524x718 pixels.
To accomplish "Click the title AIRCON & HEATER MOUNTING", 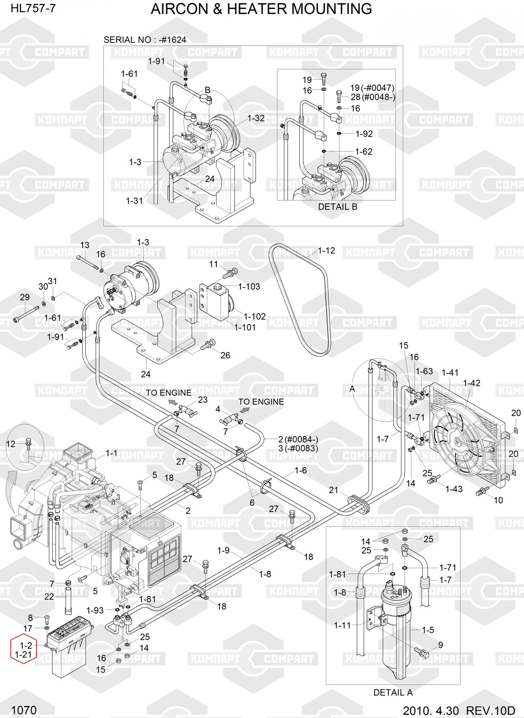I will click(x=261, y=9).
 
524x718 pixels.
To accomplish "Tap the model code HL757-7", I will click(x=33, y=8).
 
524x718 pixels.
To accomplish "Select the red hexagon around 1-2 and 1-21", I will click(x=24, y=650).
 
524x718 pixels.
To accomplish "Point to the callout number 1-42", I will click(x=472, y=383).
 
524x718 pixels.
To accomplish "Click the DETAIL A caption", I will click(x=393, y=693).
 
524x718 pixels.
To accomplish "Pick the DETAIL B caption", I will click(x=338, y=207).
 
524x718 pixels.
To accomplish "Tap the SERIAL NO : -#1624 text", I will click(x=145, y=40).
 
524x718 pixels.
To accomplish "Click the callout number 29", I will click(x=25, y=297).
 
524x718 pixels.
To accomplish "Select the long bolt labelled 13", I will click(x=88, y=262).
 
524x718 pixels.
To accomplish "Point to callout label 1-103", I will click(x=249, y=286).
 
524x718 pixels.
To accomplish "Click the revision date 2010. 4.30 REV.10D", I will click(x=459, y=710).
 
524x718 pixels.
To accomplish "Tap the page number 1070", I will click(x=24, y=710).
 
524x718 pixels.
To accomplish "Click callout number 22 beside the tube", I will click(x=49, y=597).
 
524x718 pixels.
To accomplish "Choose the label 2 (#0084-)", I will click(x=298, y=439).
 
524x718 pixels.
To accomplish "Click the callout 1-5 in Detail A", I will click(x=428, y=630).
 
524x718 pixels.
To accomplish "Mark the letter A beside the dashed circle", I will click(x=352, y=389).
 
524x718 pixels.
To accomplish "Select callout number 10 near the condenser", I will click(x=498, y=500).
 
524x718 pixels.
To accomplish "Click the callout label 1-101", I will click(x=245, y=327).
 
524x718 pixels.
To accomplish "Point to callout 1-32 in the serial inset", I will click(x=256, y=118).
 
